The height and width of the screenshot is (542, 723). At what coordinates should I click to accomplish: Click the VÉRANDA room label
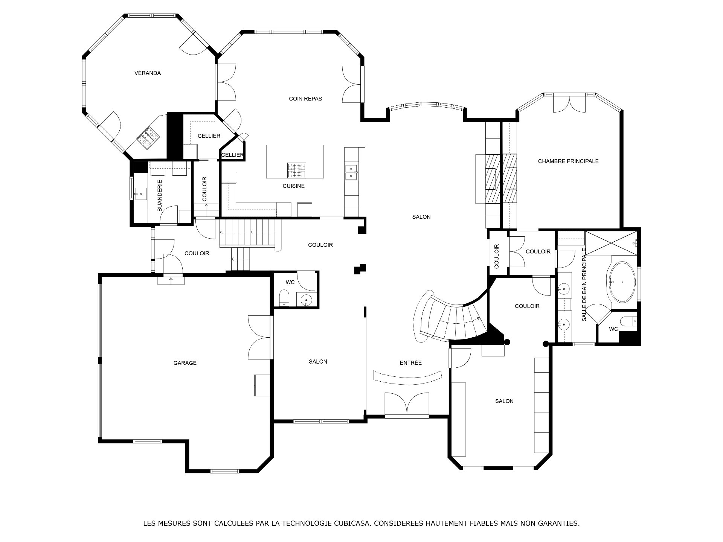pyautogui.click(x=148, y=73)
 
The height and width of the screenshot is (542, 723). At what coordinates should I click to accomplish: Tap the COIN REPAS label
pyautogui.click(x=305, y=99)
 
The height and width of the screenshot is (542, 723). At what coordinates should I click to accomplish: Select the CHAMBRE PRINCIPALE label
pyautogui.click(x=568, y=161)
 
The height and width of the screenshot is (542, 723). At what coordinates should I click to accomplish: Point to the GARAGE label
pyautogui.click(x=185, y=363)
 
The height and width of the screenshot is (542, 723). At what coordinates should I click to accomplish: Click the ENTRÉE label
pyautogui.click(x=411, y=363)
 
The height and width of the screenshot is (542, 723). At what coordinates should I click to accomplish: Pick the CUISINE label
pyautogui.click(x=294, y=186)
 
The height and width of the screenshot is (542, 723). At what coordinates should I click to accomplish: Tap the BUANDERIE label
pyautogui.click(x=160, y=195)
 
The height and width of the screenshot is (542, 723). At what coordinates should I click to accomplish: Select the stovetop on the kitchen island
pyautogui.click(x=297, y=170)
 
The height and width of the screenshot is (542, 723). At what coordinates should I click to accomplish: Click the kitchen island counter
pyautogui.click(x=295, y=162)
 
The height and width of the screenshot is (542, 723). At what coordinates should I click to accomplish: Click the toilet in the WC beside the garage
pyautogui.click(x=284, y=298)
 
